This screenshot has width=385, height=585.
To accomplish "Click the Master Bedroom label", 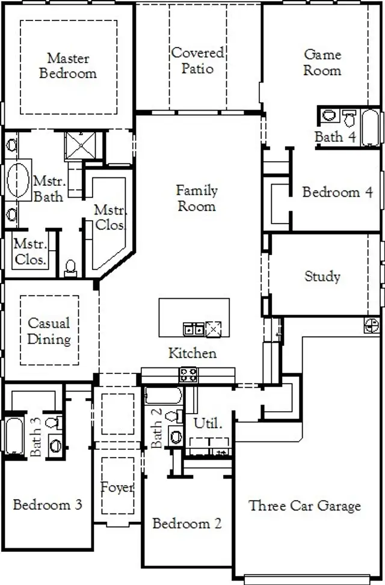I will coord(68,66).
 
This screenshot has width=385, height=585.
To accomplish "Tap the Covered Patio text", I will coord(197,61).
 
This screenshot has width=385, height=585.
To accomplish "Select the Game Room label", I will coord(322,63).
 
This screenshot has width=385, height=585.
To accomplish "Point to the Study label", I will coord(322,277).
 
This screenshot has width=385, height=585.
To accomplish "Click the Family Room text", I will coord(197,198).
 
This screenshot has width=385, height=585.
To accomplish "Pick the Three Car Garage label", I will coord(305,506).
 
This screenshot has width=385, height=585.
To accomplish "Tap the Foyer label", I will coord(117,488).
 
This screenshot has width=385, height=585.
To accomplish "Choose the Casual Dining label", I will coord(49,331).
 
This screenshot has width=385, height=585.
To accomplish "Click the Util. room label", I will coord(208,423).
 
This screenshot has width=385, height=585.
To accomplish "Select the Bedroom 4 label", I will coord(337,192).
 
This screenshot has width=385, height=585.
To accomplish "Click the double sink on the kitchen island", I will coord(193,329).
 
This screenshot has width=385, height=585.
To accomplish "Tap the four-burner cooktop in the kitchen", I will coord(188,375).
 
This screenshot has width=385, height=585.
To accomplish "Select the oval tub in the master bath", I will coord(19,180).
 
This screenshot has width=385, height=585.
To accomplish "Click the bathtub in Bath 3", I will coord(13,435).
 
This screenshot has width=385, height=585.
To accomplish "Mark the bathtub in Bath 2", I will coord(163,396).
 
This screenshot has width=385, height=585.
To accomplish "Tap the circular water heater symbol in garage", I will coord(372,326).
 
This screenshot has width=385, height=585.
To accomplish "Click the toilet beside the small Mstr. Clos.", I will coord(71,268).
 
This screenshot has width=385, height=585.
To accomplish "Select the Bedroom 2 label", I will coord(186,524).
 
